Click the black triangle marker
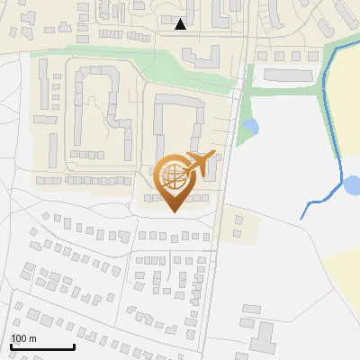[x=181, y=24]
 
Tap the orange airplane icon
[x=199, y=163]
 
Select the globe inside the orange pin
[x=172, y=174]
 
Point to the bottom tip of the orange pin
[x=172, y=211]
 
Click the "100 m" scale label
[x=23, y=338]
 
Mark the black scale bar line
[x=42, y=346]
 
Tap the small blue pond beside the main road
[x=251, y=126]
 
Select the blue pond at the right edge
[x=352, y=186]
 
